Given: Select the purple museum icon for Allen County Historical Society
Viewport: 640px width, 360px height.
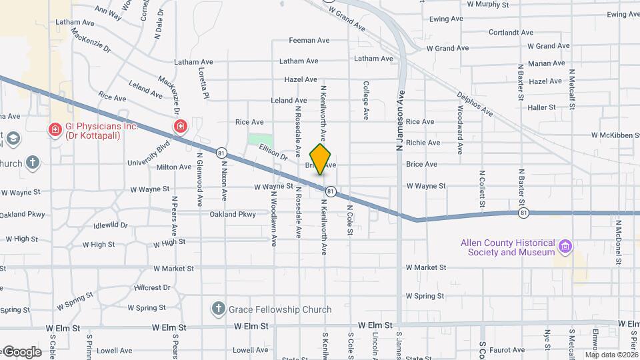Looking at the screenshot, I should pos(565,247).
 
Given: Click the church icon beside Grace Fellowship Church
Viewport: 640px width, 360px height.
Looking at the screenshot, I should pos(217,309).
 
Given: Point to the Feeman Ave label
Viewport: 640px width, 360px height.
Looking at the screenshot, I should pos(309,41).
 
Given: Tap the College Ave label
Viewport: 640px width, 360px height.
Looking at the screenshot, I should pos(366,101).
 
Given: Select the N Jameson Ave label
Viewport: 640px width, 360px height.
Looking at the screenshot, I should pos(401,121).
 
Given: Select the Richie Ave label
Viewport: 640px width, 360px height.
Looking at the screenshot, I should pos(423,143).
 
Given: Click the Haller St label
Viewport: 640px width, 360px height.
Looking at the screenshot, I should pos(541,107).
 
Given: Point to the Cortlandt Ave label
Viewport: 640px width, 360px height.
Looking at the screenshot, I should pos(511,32).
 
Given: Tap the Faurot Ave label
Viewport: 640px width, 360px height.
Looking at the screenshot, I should pos(508,349).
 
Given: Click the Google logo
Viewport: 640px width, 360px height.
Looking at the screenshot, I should pos(22,351).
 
